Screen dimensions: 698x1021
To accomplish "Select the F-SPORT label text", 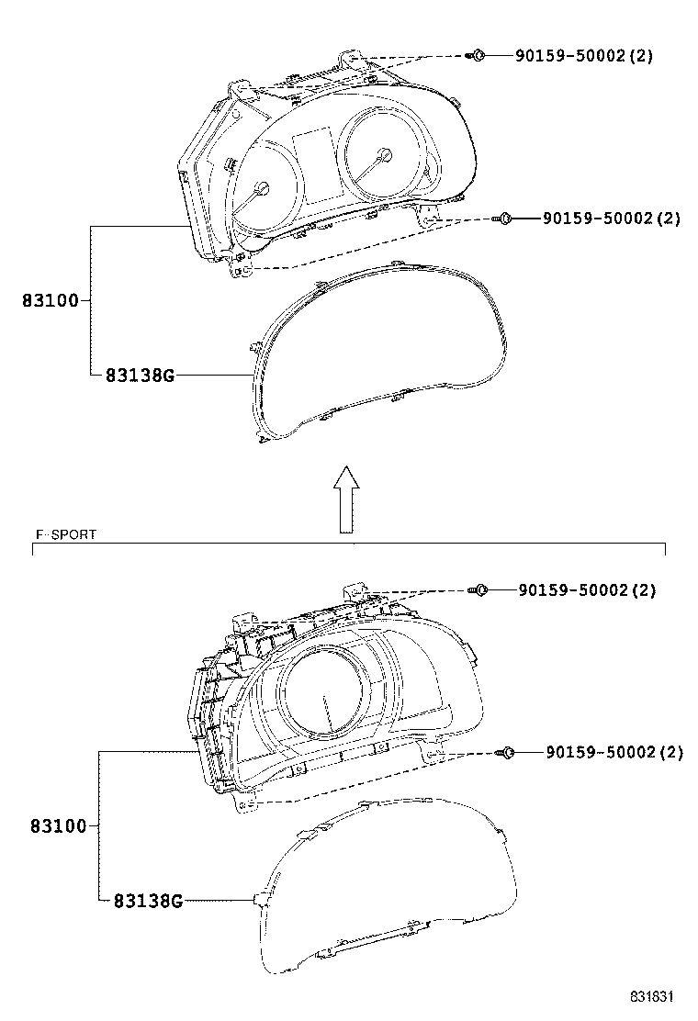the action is (66, 534).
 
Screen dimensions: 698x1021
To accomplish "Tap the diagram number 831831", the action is (650, 996).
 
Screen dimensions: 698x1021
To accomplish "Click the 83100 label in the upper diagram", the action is (51, 301).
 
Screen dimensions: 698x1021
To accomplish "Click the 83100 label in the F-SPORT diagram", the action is (58, 826).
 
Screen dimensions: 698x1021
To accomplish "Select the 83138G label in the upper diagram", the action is (140, 375).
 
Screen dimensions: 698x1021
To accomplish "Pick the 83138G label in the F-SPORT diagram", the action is (148, 901).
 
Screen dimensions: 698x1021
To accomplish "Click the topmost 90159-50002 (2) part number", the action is (584, 55).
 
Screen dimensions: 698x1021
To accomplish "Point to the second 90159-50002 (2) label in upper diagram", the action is (612, 219).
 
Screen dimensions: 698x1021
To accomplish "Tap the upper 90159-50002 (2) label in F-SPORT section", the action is (587, 590).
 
